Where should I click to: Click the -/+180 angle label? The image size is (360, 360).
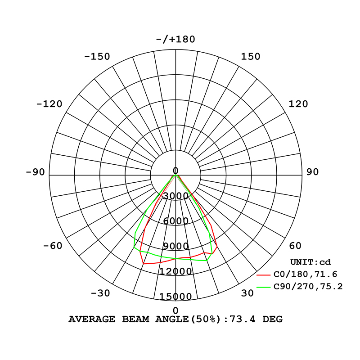pos(175,39)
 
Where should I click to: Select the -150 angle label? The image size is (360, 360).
pos(97,57)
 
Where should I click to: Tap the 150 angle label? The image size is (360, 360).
pos(251,57)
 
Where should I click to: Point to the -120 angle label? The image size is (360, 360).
pos(49,104)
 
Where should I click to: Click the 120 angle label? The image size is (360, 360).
pos(298,104)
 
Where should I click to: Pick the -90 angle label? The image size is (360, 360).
pos(36,172)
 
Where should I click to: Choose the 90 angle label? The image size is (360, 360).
pos(312,172)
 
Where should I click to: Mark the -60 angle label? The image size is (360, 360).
pos(53,246)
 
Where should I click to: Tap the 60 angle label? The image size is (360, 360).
pos(295,246)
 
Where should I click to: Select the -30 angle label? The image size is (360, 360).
pos(100,293)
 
